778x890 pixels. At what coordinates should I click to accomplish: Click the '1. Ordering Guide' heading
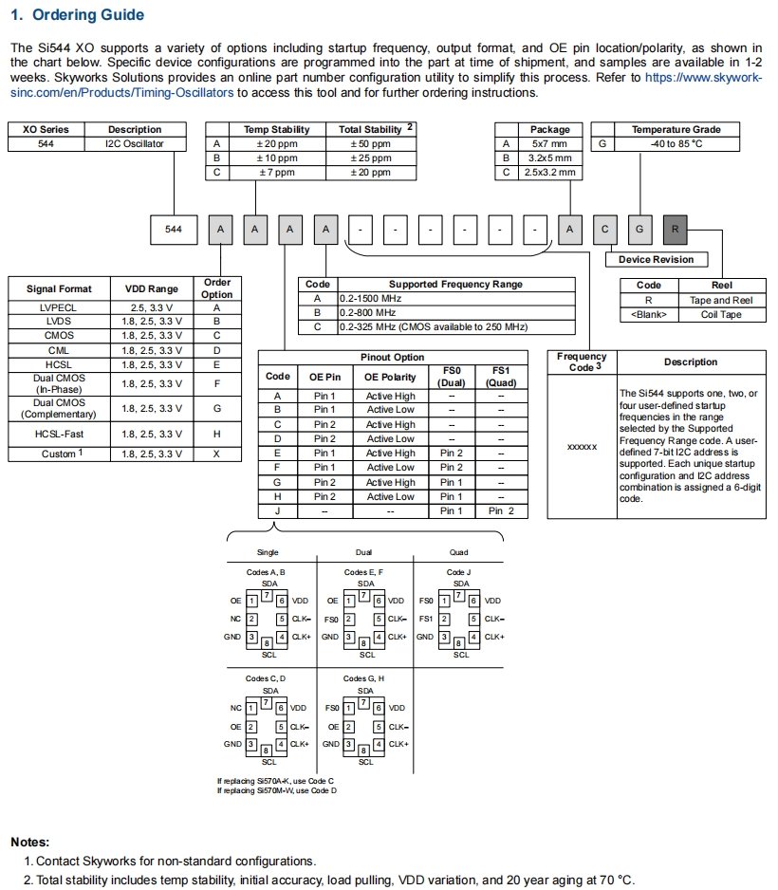[77, 15]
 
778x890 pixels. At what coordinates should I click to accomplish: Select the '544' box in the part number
[174, 229]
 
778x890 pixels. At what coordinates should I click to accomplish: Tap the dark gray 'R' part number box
[675, 229]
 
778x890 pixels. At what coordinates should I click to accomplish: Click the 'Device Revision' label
[656, 259]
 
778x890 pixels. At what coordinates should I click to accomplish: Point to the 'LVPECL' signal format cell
[59, 307]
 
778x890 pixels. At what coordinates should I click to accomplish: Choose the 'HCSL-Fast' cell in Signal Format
[59, 434]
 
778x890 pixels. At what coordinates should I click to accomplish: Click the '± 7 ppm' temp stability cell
[277, 173]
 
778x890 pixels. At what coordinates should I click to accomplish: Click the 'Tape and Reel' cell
[721, 300]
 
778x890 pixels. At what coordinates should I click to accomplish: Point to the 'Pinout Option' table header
[393, 358]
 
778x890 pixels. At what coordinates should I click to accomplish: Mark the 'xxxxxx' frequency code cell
[581, 446]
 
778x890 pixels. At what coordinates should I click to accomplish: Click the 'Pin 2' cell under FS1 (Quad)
[501, 510]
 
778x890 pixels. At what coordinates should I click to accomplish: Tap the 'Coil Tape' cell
[721, 314]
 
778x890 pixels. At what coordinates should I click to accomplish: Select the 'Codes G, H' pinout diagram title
[364, 678]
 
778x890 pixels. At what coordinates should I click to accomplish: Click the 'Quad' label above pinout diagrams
[460, 552]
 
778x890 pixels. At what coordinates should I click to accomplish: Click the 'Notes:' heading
[30, 842]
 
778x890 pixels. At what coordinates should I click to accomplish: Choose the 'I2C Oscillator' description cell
[135, 144]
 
